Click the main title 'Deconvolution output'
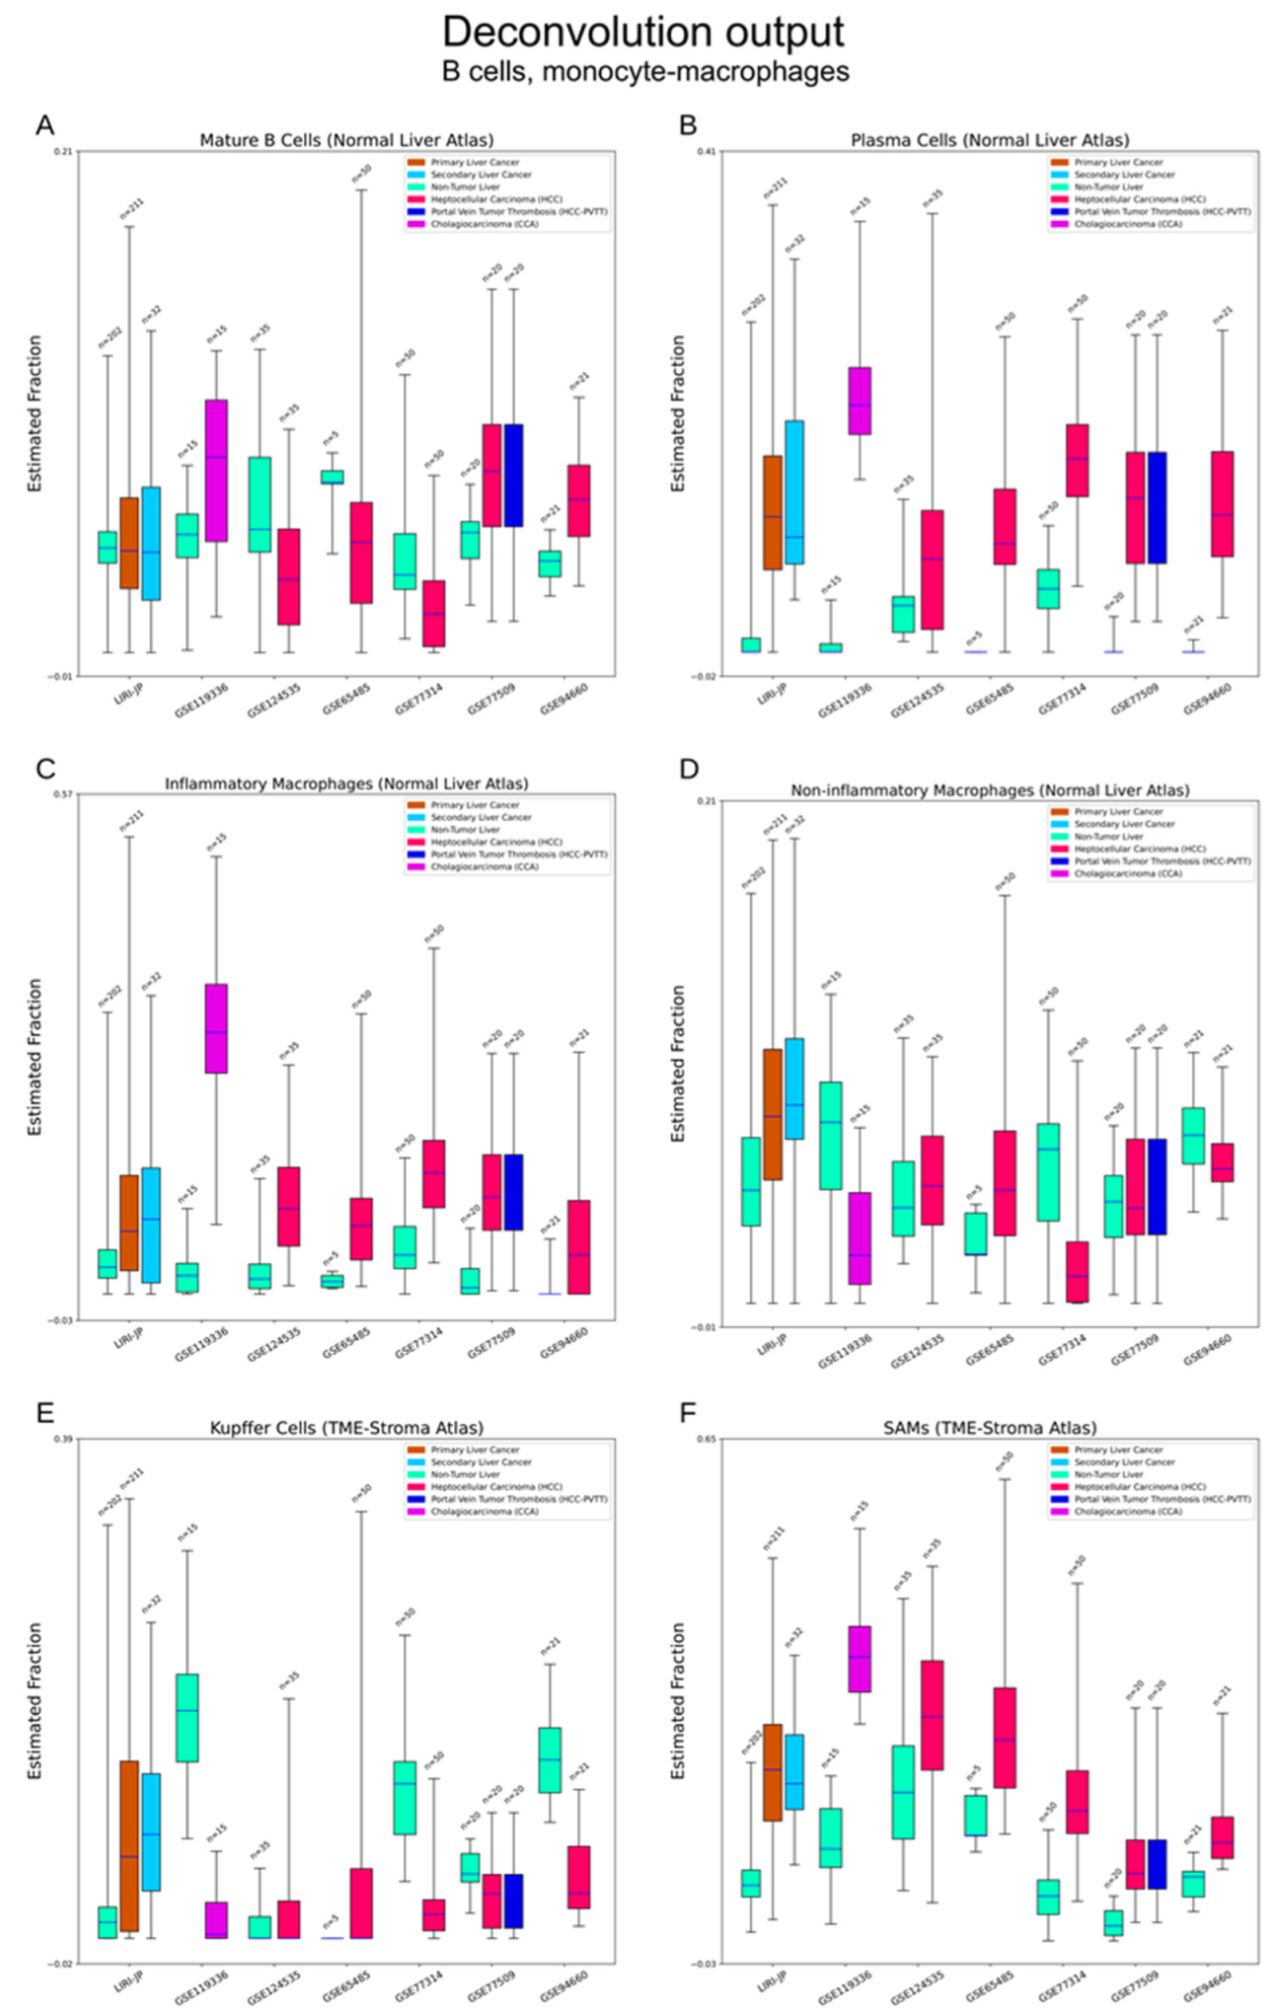tap(642, 32)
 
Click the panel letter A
tap(44, 125)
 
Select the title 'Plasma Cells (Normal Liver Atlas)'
tap(989, 140)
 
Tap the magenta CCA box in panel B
tap(860, 401)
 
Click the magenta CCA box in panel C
tap(216, 1027)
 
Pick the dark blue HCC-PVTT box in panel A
tap(513, 475)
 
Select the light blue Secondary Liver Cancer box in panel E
tap(151, 1831)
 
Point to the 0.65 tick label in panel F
tap(705, 1439)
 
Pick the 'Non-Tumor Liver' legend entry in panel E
tap(465, 1474)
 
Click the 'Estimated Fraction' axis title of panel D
tap(678, 1064)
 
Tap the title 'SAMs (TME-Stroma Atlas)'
tap(989, 1428)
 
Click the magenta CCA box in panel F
tap(860, 1659)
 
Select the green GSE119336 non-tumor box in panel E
tap(187, 1717)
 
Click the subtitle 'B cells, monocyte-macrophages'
tap(644, 72)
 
